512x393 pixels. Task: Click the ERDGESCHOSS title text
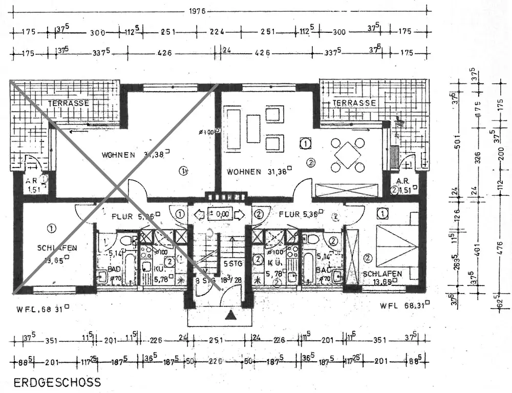pos(57,382)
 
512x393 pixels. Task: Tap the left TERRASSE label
pos(69,103)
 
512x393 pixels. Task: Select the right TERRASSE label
pos(354,102)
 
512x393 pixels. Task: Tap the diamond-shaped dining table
pos(348,154)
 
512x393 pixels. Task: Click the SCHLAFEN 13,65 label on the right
pos(382,278)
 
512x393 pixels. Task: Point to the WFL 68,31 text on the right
pos(404,306)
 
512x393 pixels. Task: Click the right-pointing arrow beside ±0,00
pos(240,213)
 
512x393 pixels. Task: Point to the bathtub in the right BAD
pos(309,266)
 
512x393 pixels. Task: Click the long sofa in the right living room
pos(234,128)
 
